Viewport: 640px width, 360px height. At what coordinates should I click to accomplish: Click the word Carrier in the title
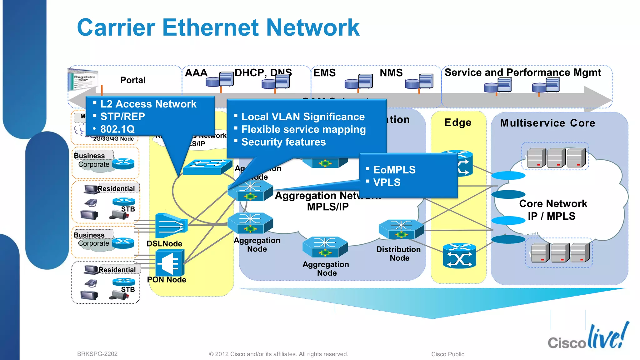tap(116, 27)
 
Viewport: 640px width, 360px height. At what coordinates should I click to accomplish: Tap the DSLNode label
tap(164, 244)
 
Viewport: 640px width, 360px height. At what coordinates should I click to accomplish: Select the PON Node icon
tap(170, 263)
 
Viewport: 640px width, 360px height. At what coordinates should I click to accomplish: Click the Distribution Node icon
tap(401, 229)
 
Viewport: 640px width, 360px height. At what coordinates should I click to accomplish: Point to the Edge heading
tap(458, 122)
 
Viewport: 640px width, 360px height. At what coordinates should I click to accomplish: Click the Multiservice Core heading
tap(547, 123)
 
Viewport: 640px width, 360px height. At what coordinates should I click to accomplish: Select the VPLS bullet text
tap(387, 182)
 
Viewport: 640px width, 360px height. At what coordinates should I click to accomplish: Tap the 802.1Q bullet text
tap(117, 129)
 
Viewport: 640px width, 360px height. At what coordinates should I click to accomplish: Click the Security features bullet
tap(283, 142)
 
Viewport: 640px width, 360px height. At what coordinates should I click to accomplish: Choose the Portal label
tap(133, 80)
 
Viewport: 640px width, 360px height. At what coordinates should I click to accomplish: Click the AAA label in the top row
tap(196, 73)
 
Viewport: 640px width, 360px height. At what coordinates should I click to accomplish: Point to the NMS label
tap(391, 73)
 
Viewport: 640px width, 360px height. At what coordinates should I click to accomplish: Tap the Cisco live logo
tap(588, 337)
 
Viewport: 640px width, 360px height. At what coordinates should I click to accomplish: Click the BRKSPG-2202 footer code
tap(97, 354)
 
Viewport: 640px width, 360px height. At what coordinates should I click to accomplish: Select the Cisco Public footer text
tap(447, 354)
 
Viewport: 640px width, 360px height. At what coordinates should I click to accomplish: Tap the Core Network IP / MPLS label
tap(553, 210)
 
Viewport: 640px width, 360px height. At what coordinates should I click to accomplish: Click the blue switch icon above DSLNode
tap(207, 167)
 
